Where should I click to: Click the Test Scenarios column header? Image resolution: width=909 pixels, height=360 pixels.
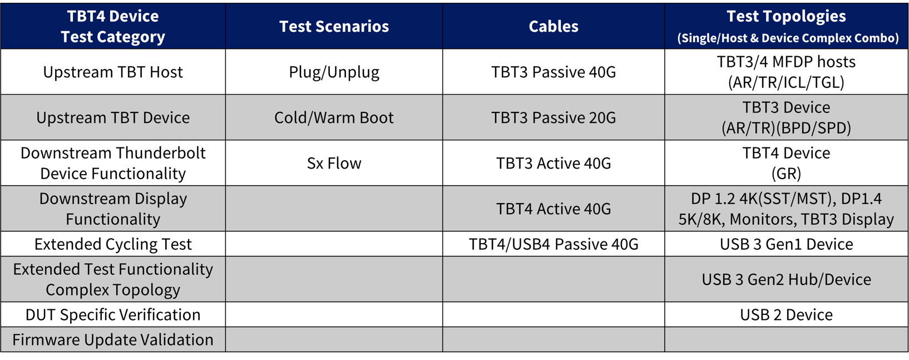pos(334,26)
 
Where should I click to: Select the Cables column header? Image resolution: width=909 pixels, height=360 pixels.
pos(553,26)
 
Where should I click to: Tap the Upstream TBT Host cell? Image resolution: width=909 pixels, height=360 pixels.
pos(113,72)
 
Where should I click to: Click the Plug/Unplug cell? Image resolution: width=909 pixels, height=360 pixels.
pos(334,72)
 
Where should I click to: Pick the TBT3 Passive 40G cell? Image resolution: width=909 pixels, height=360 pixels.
pos(553,72)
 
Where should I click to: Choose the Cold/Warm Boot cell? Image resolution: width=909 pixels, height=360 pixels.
pos(334,117)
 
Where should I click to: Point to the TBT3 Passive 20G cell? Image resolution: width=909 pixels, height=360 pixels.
pos(553,117)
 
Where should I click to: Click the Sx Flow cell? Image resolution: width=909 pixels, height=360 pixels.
pos(334,163)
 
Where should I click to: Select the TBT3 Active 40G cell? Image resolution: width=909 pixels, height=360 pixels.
pos(553,163)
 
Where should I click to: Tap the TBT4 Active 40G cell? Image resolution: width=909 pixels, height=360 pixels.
pos(553,209)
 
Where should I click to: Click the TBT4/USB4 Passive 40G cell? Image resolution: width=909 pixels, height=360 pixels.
pos(553,244)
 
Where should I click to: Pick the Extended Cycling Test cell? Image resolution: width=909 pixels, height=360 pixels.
pos(113,244)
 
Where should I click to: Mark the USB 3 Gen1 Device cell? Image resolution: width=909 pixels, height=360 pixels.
pos(786,244)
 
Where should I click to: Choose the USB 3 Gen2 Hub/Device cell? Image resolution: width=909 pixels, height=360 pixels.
pos(786,279)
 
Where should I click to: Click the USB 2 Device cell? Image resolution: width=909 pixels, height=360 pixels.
pos(786,314)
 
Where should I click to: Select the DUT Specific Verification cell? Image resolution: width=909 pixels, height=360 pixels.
pos(113,314)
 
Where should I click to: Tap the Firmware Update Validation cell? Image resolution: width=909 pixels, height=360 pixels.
pos(113,339)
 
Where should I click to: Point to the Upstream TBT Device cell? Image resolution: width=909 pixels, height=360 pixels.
pos(113,117)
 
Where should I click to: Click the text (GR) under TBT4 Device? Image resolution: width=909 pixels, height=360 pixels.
pos(786,174)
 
